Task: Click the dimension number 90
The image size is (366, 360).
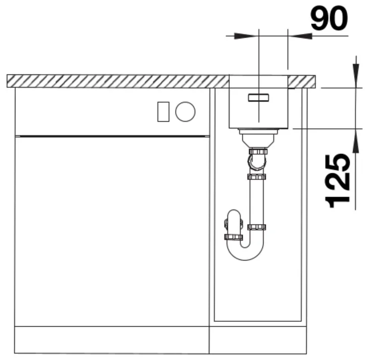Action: point(329,18)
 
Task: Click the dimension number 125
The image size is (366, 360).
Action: point(338,181)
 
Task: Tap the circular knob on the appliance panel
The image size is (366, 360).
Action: point(185,112)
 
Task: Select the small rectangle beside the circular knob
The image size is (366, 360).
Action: point(163,112)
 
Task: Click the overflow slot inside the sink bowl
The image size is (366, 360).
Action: point(259,98)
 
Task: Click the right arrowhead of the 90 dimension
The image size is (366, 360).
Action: point(300,36)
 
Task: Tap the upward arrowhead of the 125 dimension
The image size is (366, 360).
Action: point(356,141)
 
